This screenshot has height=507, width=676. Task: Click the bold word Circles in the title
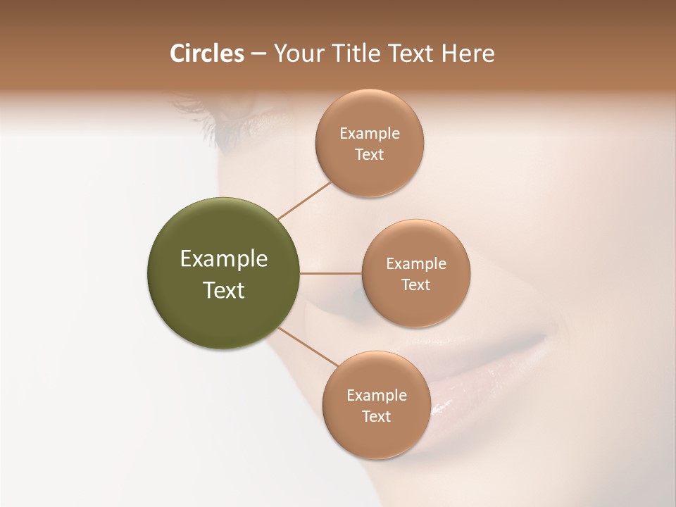[207, 54]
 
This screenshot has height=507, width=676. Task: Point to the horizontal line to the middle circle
[331, 273]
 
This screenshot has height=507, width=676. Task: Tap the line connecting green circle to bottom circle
[308, 347]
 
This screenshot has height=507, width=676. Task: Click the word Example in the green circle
[224, 259]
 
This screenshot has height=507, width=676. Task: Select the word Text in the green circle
[224, 290]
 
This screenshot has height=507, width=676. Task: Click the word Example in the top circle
[369, 134]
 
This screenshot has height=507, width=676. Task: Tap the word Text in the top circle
[369, 155]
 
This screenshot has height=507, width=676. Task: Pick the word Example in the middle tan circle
[415, 264]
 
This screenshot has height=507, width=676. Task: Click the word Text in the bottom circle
[376, 417]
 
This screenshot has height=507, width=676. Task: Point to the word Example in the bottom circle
[376, 396]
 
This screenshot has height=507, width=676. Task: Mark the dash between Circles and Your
[258, 54]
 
